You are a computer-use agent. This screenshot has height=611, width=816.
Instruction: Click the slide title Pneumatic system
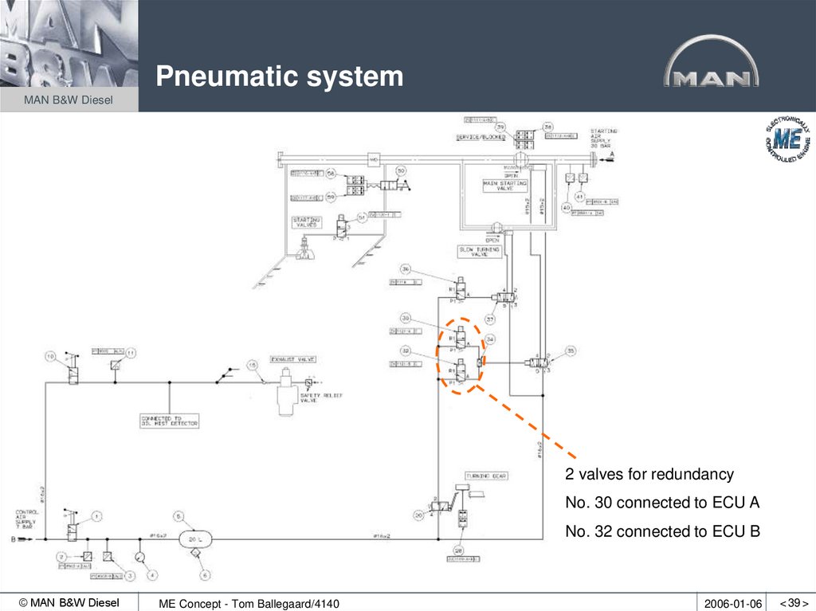(279, 77)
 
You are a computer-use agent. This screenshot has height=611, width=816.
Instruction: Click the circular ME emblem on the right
(787, 141)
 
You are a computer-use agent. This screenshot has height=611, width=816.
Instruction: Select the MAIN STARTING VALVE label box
(504, 186)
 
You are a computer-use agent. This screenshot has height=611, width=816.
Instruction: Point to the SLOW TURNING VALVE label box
(479, 251)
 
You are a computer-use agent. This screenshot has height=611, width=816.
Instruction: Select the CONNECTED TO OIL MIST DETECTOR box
(169, 421)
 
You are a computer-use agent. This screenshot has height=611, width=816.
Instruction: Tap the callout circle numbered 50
(401, 170)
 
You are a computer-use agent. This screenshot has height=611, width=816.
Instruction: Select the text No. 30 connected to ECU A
(662, 503)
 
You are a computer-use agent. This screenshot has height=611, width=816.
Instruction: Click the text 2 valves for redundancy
(649, 475)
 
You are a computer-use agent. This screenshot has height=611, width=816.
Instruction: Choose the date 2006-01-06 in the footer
(733, 604)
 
